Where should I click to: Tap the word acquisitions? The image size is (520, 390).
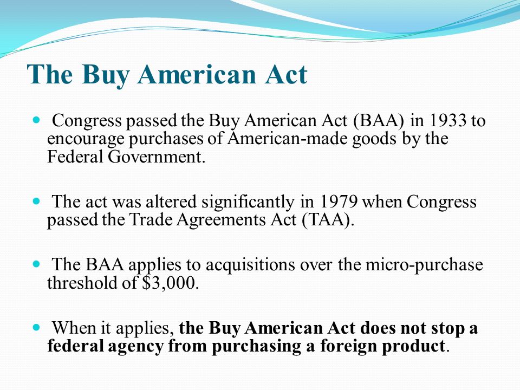(x=250, y=265)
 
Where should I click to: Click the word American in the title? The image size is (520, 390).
(x=197, y=74)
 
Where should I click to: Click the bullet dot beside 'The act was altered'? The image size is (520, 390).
(x=36, y=201)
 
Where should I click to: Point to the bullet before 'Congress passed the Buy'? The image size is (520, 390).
(x=36, y=120)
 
